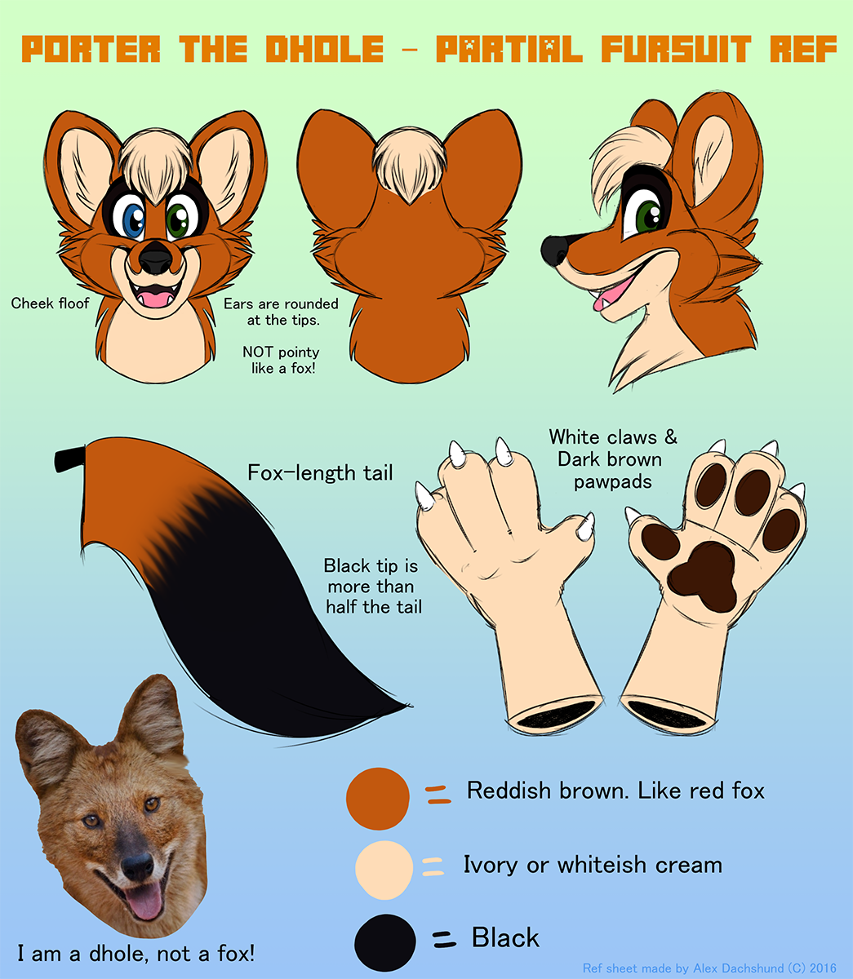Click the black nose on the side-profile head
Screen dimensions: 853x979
click(555, 250)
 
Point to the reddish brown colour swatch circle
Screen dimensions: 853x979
click(378, 799)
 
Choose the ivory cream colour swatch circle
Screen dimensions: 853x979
click(384, 870)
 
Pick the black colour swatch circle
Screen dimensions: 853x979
click(384, 942)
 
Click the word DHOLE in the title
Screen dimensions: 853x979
click(325, 49)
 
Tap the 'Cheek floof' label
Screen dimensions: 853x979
click(51, 303)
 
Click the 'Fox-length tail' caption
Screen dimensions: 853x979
click(320, 472)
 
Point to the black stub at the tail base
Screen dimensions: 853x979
click(70, 459)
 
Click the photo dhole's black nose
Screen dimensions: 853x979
click(137, 865)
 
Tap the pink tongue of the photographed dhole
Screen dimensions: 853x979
click(144, 901)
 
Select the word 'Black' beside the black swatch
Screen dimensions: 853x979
click(505, 937)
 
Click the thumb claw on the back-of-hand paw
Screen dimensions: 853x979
click(586, 526)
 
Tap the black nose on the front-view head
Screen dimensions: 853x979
click(155, 258)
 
